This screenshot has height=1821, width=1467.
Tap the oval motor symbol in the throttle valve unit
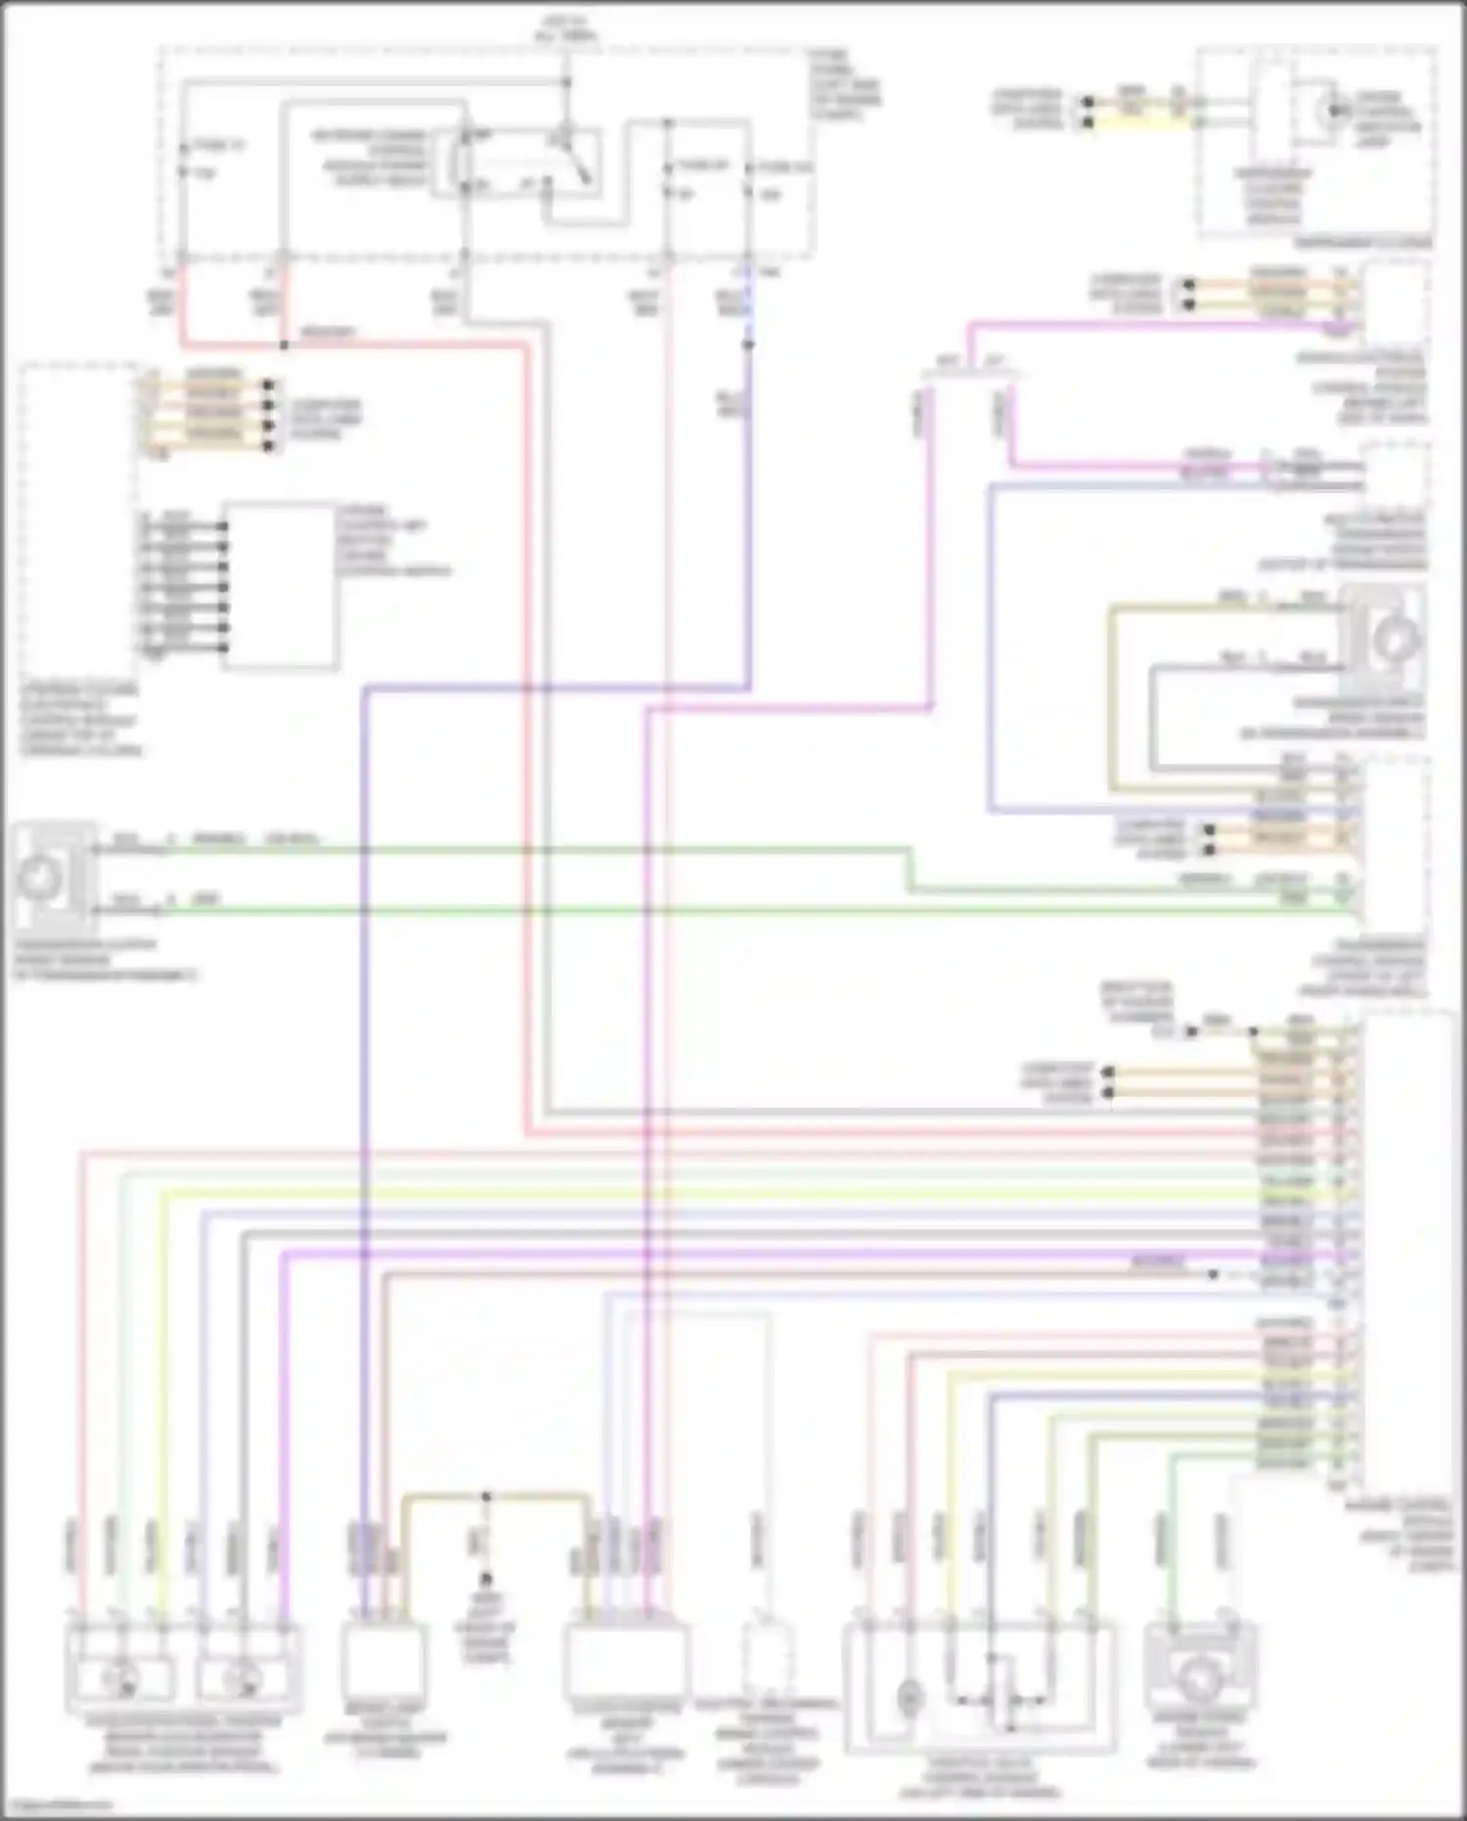coord(909,1698)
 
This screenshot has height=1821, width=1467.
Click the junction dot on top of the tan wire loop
coord(486,1496)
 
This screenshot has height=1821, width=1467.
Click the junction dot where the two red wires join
coord(284,345)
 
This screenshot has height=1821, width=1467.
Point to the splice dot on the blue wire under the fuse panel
coord(748,344)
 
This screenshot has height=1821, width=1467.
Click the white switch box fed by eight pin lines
coord(281,585)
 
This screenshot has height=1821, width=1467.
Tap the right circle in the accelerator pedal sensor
coord(236,1680)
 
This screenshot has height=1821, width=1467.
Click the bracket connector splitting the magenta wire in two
coord(971,372)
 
